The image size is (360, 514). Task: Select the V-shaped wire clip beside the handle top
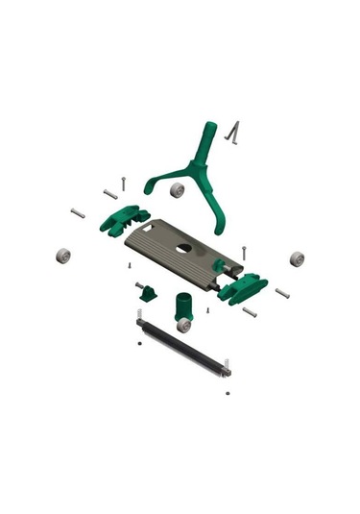(229, 132)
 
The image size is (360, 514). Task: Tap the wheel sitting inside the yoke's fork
(178, 190)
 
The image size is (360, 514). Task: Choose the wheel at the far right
(297, 258)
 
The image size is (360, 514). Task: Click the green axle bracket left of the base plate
(127, 219)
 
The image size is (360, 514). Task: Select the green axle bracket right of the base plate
(243, 287)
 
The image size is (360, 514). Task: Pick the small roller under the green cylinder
(183, 326)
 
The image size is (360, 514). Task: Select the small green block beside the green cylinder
(150, 291)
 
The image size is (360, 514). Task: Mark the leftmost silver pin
(78, 212)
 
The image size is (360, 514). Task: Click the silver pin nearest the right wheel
(282, 292)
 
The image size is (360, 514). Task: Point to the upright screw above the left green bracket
(125, 181)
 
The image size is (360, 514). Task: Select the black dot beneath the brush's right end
(228, 392)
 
